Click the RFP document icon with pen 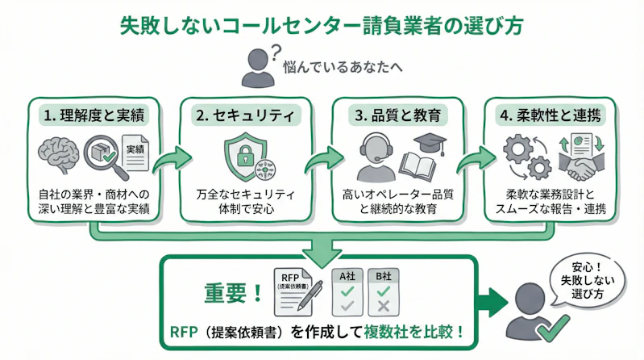click(297, 291)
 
